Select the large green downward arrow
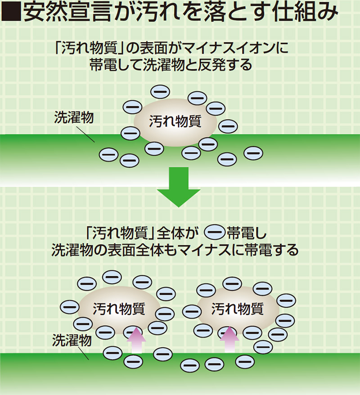(179, 187)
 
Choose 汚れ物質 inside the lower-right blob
(237, 308)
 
